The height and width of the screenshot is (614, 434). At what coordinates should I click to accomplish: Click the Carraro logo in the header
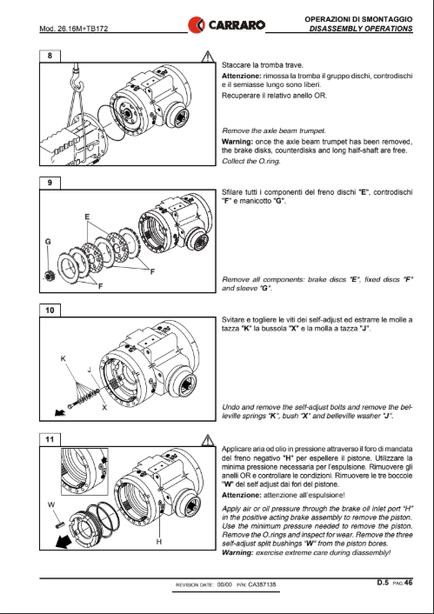tap(226, 25)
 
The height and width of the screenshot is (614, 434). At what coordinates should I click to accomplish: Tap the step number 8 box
tap(50, 56)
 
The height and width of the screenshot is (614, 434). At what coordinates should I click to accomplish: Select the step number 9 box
tap(50, 183)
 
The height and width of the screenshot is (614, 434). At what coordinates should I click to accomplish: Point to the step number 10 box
tap(50, 310)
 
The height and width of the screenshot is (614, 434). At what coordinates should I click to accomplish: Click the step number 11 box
tap(50, 439)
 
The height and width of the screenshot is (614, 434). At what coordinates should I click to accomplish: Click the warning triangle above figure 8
tap(208, 57)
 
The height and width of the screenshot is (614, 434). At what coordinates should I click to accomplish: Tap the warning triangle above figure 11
tap(208, 440)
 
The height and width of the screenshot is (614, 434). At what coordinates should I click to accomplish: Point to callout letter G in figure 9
tap(48, 242)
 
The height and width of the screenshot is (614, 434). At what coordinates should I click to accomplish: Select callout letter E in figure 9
tap(87, 217)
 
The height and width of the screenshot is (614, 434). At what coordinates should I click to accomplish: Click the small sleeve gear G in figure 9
tap(50, 276)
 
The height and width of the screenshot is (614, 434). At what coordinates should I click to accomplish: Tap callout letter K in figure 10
tap(63, 358)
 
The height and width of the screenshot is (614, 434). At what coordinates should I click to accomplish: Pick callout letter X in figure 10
tap(104, 408)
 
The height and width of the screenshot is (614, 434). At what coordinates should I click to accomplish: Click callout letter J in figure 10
tap(90, 370)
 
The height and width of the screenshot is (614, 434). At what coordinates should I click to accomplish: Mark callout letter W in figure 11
tap(51, 504)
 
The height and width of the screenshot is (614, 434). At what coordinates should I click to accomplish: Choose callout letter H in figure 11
tap(158, 542)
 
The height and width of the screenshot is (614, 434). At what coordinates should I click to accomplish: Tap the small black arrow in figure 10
tap(60, 412)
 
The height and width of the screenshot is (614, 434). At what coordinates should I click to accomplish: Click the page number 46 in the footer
tap(408, 583)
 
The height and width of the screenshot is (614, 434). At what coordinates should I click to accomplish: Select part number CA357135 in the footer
tap(262, 584)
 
